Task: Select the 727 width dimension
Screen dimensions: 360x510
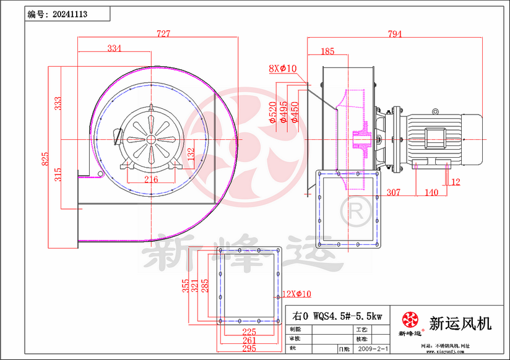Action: [x=163, y=34]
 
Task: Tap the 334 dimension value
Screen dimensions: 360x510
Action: [x=115, y=48]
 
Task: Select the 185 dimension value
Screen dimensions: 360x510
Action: [x=327, y=51]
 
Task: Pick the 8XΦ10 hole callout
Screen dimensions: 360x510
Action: [x=283, y=69]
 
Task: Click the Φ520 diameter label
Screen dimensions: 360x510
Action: [x=273, y=113]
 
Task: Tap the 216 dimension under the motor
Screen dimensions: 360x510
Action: [x=151, y=180]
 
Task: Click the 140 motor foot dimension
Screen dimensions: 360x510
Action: [x=431, y=192]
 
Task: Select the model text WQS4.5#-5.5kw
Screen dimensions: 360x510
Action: [x=348, y=315]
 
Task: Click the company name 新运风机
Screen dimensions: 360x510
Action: [x=460, y=323]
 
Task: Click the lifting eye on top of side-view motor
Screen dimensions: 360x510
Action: [x=435, y=112]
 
